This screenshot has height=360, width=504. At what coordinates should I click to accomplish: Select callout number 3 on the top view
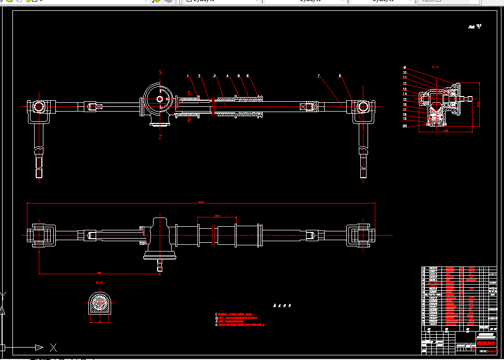[x=215, y=76]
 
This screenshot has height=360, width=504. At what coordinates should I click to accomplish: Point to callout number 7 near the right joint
[x=319, y=76]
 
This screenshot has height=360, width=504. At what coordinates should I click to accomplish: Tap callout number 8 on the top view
[x=340, y=76]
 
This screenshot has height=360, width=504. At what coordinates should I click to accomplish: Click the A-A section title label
[x=435, y=67]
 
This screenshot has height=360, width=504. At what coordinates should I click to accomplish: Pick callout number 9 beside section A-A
[x=405, y=68]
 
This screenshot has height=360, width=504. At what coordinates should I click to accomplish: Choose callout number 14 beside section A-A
[x=405, y=94]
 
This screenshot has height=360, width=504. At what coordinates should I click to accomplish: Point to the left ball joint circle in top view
[x=39, y=107]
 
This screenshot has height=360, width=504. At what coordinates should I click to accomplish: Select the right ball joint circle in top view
[x=362, y=107]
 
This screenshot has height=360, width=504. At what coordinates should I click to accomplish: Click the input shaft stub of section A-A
[x=468, y=98]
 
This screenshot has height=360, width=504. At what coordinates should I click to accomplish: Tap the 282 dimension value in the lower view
[x=217, y=215]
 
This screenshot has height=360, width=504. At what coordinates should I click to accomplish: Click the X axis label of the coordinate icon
[x=53, y=347]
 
